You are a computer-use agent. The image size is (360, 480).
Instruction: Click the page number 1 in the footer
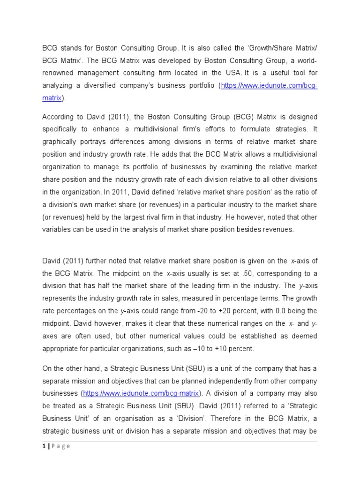click(44, 446)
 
